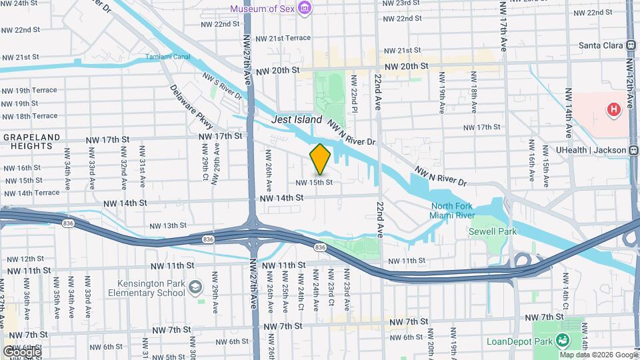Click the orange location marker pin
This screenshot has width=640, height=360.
(320, 159)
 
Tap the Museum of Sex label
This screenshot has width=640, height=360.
(262, 9)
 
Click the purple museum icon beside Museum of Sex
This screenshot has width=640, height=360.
(305, 8)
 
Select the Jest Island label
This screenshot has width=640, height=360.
(297, 120)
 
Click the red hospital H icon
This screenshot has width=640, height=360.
(612, 109)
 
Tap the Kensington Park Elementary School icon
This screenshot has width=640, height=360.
(195, 287)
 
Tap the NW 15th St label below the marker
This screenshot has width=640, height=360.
(313, 182)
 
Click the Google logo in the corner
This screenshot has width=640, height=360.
(21, 351)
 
